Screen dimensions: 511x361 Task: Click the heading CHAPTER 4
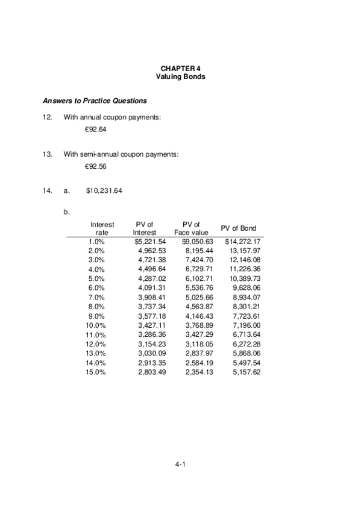tap(180, 69)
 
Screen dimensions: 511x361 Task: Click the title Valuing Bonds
tap(180, 78)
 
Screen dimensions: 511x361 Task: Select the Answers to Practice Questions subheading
tap(95, 101)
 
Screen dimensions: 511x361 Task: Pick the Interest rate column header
tap(102, 228)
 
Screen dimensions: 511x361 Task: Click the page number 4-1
tap(180, 465)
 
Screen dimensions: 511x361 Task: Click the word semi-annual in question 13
tap(101, 154)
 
